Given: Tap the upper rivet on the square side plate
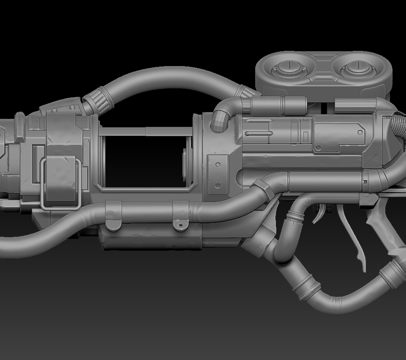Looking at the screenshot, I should [x=218, y=165].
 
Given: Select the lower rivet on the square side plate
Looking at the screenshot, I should [x=218, y=186].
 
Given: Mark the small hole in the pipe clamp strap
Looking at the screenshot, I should [x=180, y=225].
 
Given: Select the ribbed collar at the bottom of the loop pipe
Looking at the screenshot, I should [x=306, y=288].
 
